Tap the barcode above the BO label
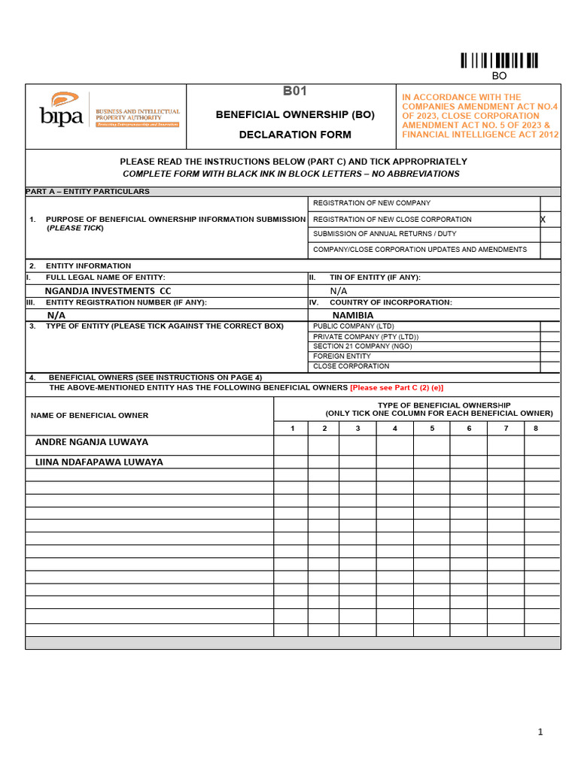coord(499,61)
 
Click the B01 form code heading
coord(295,92)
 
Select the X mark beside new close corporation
coord(543,219)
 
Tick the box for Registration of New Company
coord(549,204)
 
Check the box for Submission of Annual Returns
coord(549,234)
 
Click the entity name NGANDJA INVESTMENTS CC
coord(108,291)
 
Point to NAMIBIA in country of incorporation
coord(353,315)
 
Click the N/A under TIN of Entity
coord(339,291)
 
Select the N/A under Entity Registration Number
coord(56,315)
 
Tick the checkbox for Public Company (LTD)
coord(549,326)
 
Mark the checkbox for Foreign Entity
coord(549,356)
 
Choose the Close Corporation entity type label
coord(351,366)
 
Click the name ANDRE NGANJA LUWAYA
coord(92,442)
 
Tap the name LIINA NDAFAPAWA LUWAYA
coord(99,462)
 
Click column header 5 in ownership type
coord(432,429)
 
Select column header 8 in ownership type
coord(535,429)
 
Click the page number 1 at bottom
coord(540,732)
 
